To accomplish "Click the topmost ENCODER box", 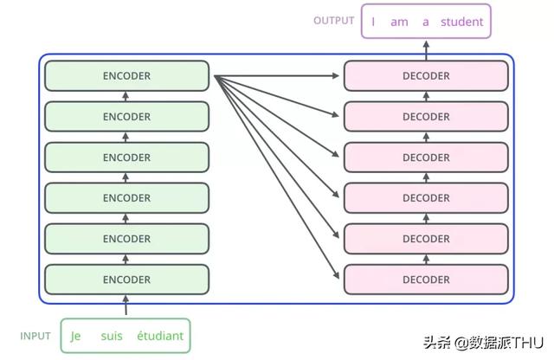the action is pos(127,75).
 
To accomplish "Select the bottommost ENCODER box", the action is pos(127,280).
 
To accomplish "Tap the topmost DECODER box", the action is pos(426,75).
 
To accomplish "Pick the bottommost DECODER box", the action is pos(426,280).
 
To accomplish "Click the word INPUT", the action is pos(35,336).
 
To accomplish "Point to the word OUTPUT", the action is pos(334,21).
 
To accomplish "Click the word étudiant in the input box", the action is pos(160,336).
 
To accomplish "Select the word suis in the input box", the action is pos(112,336).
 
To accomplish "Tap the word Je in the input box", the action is pos(75,337).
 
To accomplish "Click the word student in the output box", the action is pos(461,22).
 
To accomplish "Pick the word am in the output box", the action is pos(399,22).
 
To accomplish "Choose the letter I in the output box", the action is pos(373,22).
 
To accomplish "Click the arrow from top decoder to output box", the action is pos(426,50).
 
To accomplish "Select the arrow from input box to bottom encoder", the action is pos(126,305).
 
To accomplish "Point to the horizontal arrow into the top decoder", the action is pos(276,75).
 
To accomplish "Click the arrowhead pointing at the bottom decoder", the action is pos(336,275).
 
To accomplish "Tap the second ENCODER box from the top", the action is pos(127,117).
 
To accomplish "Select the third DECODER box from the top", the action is pos(426,157).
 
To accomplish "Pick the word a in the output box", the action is pos(426,22).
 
